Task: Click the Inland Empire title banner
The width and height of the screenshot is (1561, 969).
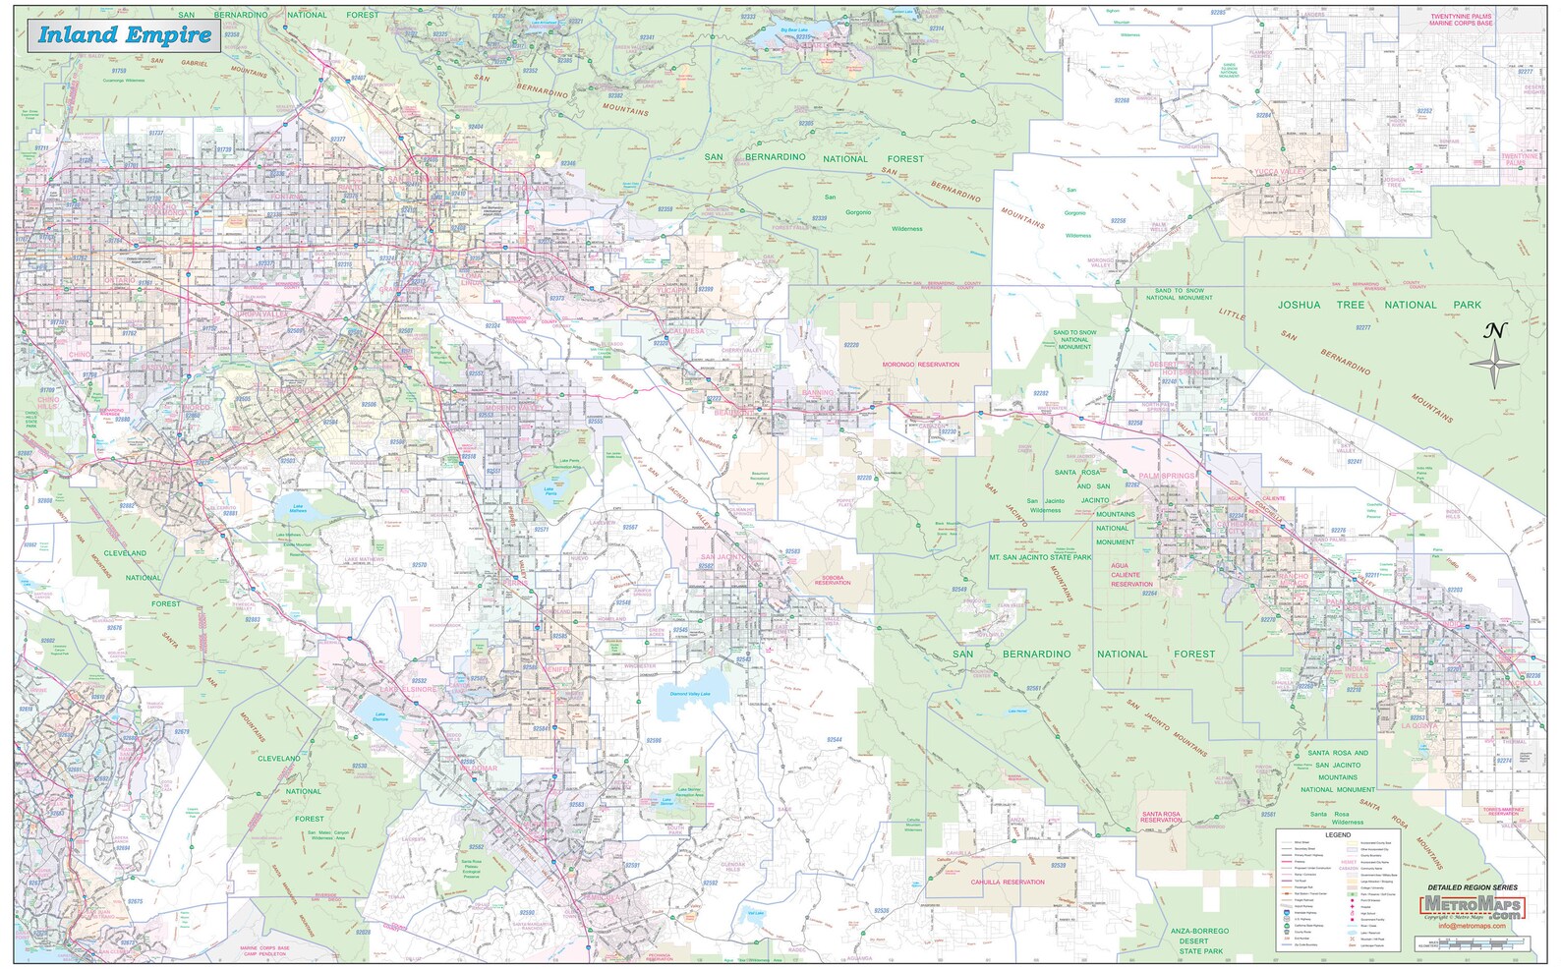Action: [125, 36]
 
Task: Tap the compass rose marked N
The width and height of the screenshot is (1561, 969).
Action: [1493, 365]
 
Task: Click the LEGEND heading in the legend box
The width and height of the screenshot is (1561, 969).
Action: [1337, 834]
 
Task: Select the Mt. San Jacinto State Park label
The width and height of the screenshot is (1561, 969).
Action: [1039, 557]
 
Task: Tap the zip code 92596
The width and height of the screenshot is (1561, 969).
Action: [653, 740]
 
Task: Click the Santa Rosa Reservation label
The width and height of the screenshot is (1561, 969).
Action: [1161, 817]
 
